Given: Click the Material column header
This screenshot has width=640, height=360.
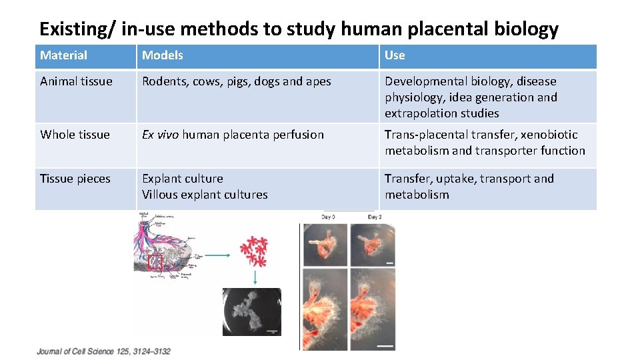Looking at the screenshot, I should click(64, 55).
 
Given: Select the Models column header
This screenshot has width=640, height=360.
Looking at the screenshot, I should click(162, 55).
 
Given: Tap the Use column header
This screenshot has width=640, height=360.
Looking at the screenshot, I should click(395, 55).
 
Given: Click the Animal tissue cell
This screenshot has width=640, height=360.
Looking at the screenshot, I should click(76, 81).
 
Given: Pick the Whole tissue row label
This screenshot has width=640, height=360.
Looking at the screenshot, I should click(75, 135).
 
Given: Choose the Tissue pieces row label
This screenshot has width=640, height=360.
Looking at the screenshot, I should click(75, 179).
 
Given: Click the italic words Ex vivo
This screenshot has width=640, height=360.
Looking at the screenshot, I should click(160, 135).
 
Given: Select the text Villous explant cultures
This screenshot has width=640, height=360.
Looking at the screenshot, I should click(205, 195).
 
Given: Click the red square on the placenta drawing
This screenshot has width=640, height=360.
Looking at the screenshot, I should click(155, 262).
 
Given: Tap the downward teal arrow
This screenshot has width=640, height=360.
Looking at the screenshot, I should click(254, 277).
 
